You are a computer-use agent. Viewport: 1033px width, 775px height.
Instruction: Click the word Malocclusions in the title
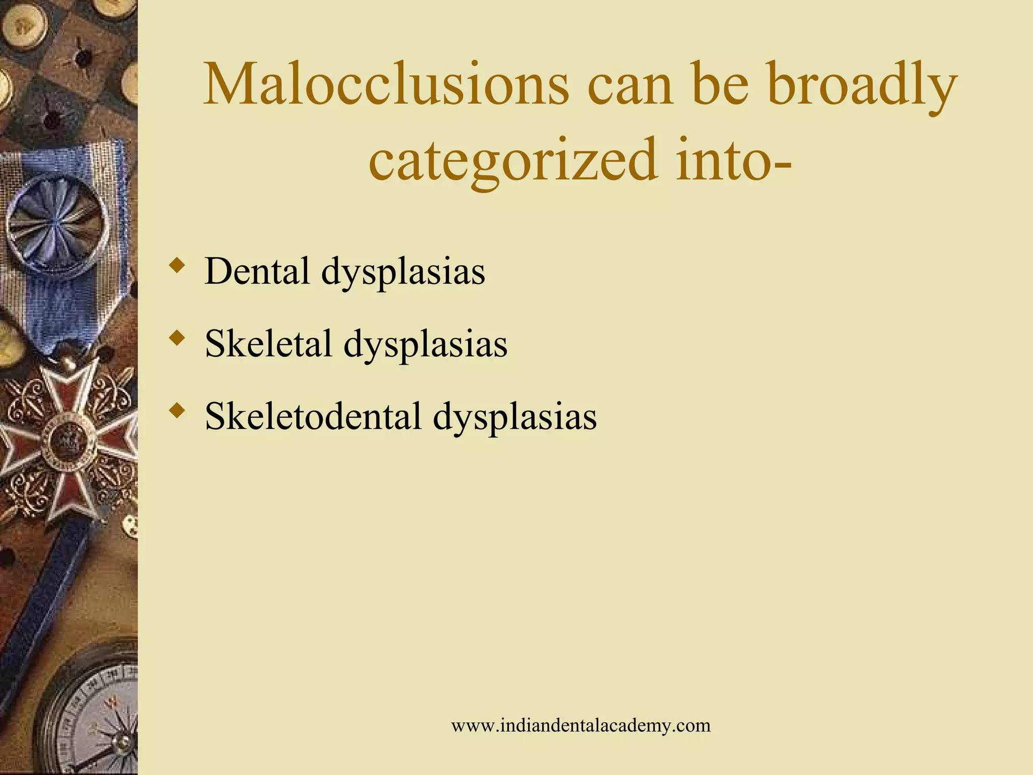point(386,85)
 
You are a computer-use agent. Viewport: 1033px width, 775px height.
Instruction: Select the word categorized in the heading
point(513,160)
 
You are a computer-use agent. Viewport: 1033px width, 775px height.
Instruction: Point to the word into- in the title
point(734,160)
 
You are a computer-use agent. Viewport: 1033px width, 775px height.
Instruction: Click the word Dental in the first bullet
point(257,271)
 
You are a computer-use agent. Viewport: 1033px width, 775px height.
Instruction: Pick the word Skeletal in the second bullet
point(268,344)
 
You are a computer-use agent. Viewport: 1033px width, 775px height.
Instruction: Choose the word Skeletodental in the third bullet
point(313,416)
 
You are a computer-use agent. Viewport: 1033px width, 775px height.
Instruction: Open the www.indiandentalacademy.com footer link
point(581,726)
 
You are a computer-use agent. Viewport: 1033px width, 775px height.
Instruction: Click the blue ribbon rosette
point(58,222)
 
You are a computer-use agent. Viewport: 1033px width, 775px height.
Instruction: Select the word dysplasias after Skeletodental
point(514,417)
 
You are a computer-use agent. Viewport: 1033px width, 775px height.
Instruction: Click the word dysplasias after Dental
point(403,272)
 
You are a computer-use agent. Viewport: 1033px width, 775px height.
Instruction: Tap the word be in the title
point(721,85)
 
